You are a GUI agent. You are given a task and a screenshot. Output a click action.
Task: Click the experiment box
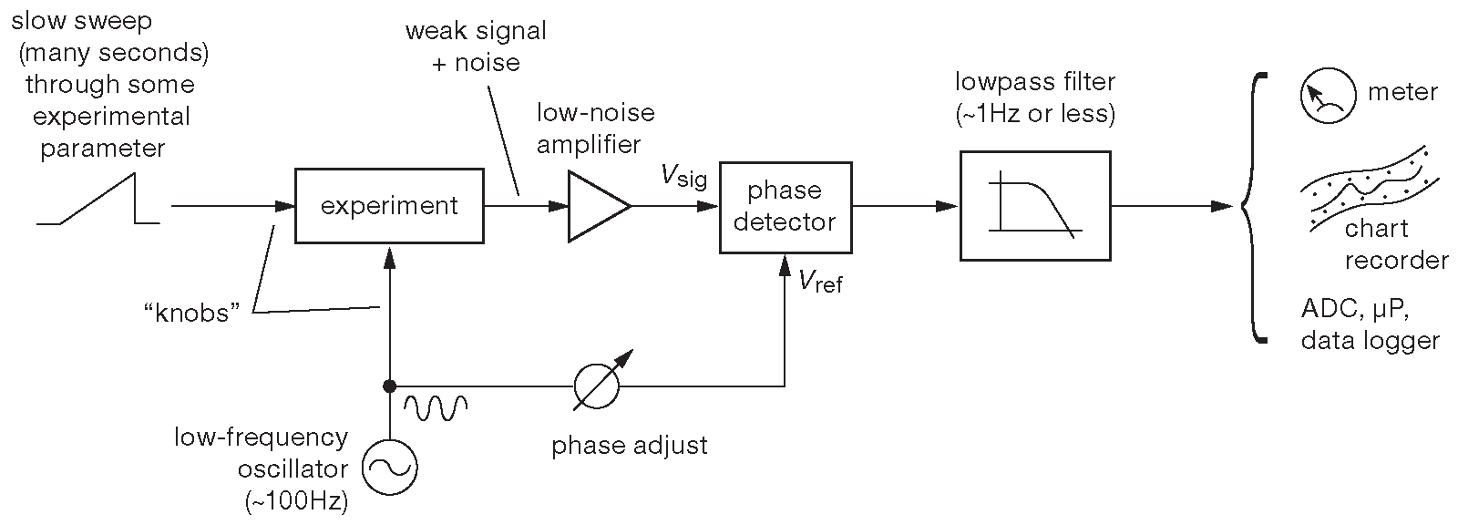tap(389, 206)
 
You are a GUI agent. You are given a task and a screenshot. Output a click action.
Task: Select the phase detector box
tap(785, 207)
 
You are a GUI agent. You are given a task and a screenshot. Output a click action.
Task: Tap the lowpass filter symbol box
tap(1034, 206)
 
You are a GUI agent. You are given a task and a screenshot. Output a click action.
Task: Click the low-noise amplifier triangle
tap(595, 206)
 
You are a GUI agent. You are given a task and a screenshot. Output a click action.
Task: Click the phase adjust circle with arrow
tap(597, 385)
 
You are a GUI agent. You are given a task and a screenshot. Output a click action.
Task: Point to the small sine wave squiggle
tap(436, 407)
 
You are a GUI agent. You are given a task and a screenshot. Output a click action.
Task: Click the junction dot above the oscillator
tap(389, 385)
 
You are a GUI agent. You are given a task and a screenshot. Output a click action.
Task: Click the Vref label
tap(820, 282)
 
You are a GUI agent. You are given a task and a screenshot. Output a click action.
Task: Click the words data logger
tap(1370, 341)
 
